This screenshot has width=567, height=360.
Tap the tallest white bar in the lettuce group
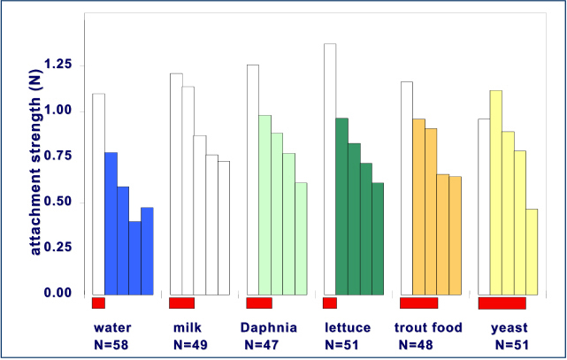pyautogui.click(x=329, y=168)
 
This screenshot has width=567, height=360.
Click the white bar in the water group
pyautogui.click(x=98, y=194)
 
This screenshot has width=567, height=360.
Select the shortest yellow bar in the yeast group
pyautogui.click(x=532, y=251)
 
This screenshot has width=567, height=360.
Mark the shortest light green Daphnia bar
pyautogui.click(x=301, y=238)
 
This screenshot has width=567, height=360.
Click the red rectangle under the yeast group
pyautogui.click(x=502, y=303)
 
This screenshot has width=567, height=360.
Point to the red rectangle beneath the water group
pyautogui.click(x=98, y=303)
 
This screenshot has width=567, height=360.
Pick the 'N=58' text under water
pyautogui.click(x=111, y=343)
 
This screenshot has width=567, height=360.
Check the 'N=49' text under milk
pyautogui.click(x=191, y=343)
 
